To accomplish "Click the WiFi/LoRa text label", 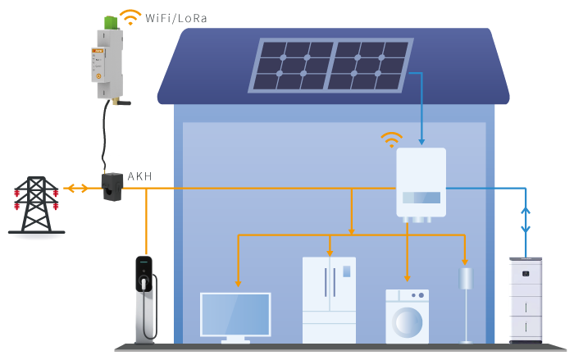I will pos(176,18).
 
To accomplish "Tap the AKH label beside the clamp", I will pos(139,176).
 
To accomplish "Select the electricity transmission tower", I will pos(36,205).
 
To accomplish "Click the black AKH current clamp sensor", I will pos(112,186).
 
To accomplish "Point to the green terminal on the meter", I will pos(111,22).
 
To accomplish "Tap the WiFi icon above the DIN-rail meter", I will pos(130,16).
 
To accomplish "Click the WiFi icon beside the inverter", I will pos(391,139).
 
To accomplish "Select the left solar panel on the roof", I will pos(291,66).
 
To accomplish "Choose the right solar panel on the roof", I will pos(368,66).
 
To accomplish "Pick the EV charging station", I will pos(145,299).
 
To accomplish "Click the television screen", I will pos(235,314).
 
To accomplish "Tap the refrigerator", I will pos(329,299).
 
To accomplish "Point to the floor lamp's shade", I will pos(466,277).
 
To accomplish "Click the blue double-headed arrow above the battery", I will pos(526,220).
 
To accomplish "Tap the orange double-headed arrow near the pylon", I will pos(77,189).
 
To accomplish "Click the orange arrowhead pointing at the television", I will pos(238,283).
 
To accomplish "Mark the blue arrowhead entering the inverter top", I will pos(421,141).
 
